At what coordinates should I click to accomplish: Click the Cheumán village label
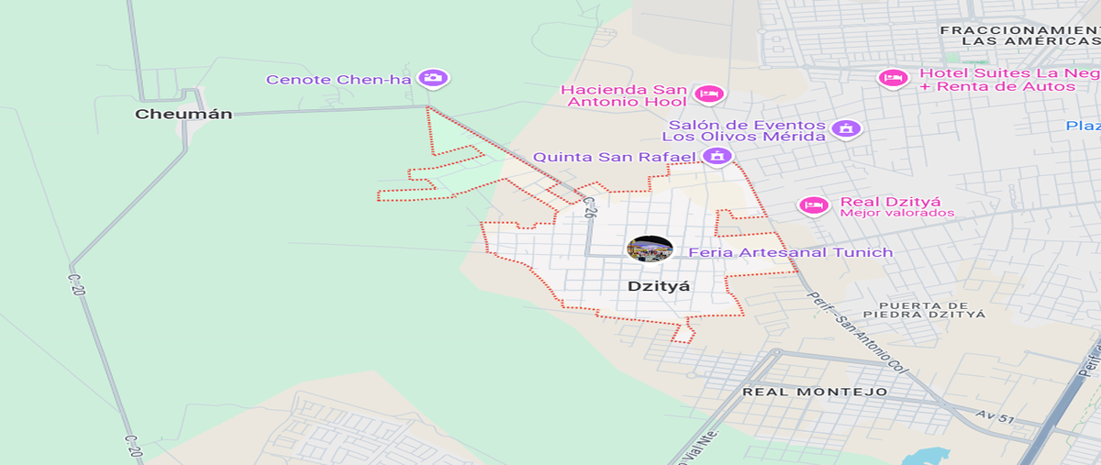[x=183, y=115]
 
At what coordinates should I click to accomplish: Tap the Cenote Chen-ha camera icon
[x=431, y=78]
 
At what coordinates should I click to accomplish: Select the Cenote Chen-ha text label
[x=339, y=79]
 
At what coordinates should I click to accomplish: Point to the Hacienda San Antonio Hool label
[x=624, y=95]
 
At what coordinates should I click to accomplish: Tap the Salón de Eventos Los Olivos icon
[x=847, y=128]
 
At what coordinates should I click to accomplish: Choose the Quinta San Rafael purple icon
[x=717, y=156]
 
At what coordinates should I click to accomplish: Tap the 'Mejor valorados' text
[x=896, y=214]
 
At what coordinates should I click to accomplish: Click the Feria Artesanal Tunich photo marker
[x=650, y=249]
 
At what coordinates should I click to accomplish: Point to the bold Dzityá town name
[x=658, y=286]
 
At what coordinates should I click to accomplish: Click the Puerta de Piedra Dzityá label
[x=930, y=309]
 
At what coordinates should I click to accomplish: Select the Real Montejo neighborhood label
[x=815, y=392]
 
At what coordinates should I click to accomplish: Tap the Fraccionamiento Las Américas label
[x=1018, y=36]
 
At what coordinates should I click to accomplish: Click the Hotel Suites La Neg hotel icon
[x=893, y=78]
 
